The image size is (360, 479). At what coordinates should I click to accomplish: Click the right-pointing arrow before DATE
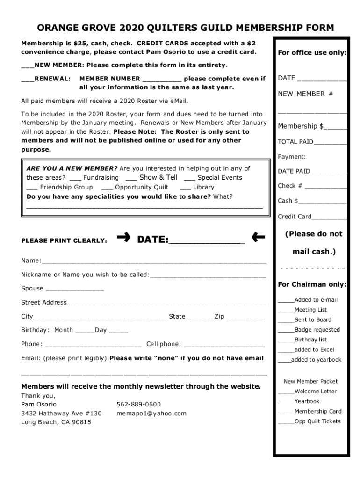(124, 238)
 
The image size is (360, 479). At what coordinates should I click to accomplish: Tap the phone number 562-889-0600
(138, 404)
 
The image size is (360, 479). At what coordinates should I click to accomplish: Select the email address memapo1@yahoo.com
(151, 413)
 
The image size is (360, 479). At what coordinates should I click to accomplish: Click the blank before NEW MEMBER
(28, 65)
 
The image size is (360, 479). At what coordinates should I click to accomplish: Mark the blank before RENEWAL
(28, 79)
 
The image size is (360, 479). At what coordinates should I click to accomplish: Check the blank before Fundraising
(75, 179)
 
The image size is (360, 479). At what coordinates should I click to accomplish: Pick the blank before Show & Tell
(131, 179)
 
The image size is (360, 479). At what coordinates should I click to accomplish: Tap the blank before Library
(185, 188)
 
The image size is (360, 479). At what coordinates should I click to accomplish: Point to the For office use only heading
(312, 53)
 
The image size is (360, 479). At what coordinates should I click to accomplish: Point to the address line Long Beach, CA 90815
(56, 422)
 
